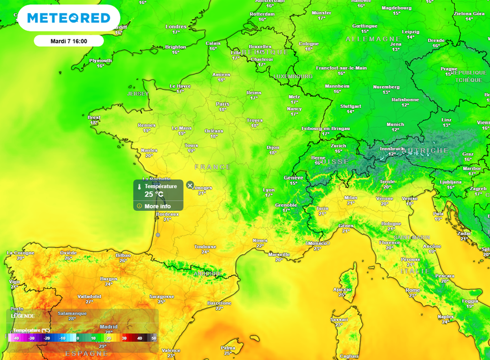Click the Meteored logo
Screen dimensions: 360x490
68,18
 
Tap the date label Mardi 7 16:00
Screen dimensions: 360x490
68,41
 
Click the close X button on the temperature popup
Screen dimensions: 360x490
190,185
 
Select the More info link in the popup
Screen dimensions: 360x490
157,206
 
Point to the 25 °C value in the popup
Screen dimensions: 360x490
154,194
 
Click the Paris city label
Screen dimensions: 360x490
223,104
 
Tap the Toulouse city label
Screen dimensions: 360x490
205,247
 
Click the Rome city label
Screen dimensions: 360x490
412,290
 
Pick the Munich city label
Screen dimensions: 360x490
395,124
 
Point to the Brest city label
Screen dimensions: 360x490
94,117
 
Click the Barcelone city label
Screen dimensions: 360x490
219,303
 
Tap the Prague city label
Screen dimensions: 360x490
449,69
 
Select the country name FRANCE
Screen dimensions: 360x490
212,167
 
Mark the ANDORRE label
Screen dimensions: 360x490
208,273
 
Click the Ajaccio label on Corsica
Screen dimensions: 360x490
342,289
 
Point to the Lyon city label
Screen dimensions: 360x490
269,190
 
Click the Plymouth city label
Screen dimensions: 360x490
100,61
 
